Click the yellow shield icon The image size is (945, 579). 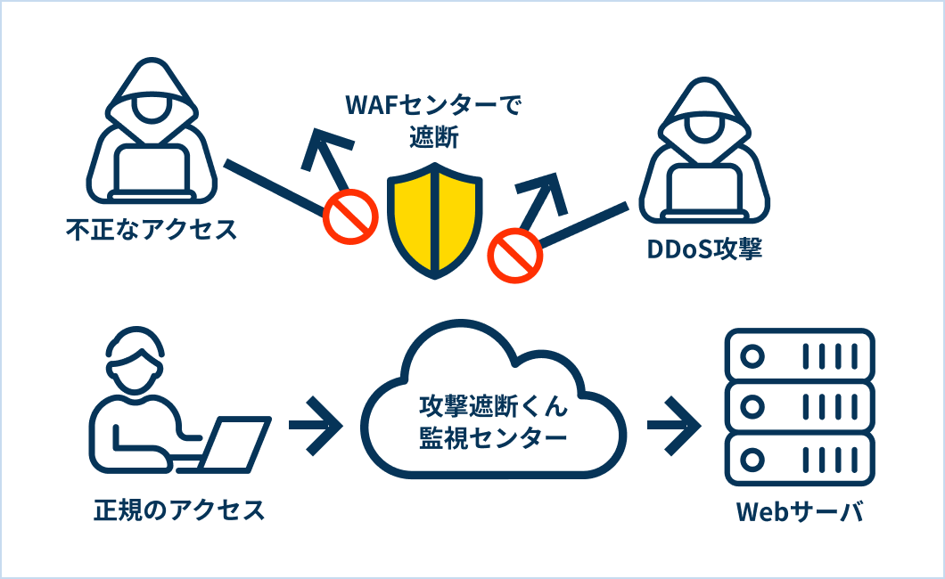pyautogui.click(x=434, y=220)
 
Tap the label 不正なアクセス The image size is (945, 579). pyautogui.click(x=152, y=230)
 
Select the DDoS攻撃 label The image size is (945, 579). pyautogui.click(x=704, y=249)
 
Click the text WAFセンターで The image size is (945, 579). pyautogui.click(x=433, y=105)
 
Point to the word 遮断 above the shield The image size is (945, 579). pyautogui.click(x=434, y=137)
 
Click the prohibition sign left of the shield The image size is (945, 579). pyautogui.click(x=350, y=216)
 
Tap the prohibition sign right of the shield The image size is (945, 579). pyautogui.click(x=514, y=255)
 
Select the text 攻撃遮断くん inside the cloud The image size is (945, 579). pyautogui.click(x=494, y=406)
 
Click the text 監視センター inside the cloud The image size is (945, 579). pyautogui.click(x=493, y=438)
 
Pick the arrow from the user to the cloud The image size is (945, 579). pyautogui.click(x=316, y=426)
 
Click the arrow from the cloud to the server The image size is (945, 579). pyautogui.click(x=674, y=426)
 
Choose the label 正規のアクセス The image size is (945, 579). pyautogui.click(x=179, y=510)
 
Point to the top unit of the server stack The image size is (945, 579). pyautogui.click(x=799, y=355)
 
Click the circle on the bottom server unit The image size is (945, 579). pyautogui.click(x=752, y=460)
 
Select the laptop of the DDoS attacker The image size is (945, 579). pyautogui.click(x=704, y=192)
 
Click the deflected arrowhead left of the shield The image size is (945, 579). pyautogui.click(x=323, y=150)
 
